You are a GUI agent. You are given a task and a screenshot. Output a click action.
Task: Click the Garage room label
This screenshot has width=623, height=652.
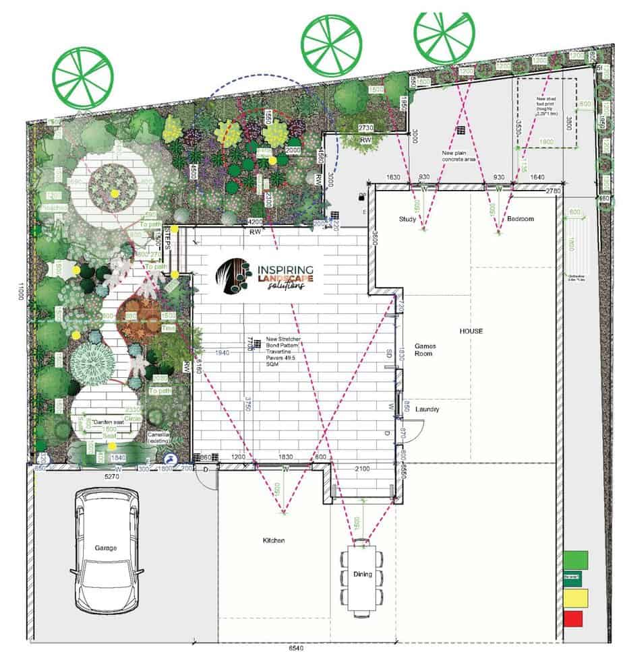105,548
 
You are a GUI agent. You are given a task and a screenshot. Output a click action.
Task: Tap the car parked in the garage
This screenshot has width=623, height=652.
107,550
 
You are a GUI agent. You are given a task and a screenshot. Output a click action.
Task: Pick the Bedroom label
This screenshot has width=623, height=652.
521,219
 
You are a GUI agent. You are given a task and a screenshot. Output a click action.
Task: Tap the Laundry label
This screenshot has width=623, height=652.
428,409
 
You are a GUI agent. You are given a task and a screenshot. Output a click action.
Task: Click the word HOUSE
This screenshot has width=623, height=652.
472,331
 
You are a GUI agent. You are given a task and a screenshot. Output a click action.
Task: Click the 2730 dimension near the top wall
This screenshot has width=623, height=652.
365,127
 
